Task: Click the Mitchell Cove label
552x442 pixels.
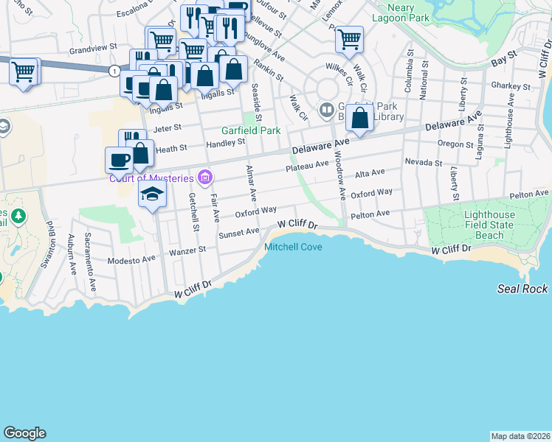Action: (293, 247)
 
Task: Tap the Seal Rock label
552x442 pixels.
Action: (522, 290)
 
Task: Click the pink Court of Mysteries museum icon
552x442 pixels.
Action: (205, 178)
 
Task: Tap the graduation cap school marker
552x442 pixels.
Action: (153, 194)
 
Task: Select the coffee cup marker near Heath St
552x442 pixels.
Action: (119, 159)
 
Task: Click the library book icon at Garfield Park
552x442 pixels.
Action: (326, 110)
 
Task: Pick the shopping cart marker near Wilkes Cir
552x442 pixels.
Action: (349, 38)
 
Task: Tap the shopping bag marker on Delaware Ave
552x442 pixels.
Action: (359, 118)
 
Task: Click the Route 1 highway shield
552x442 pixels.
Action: (114, 71)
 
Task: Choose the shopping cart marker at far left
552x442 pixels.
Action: (24, 72)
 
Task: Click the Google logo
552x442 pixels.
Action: (24, 433)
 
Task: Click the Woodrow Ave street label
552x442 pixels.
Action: (340, 177)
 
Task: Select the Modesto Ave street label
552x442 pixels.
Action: (131, 259)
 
